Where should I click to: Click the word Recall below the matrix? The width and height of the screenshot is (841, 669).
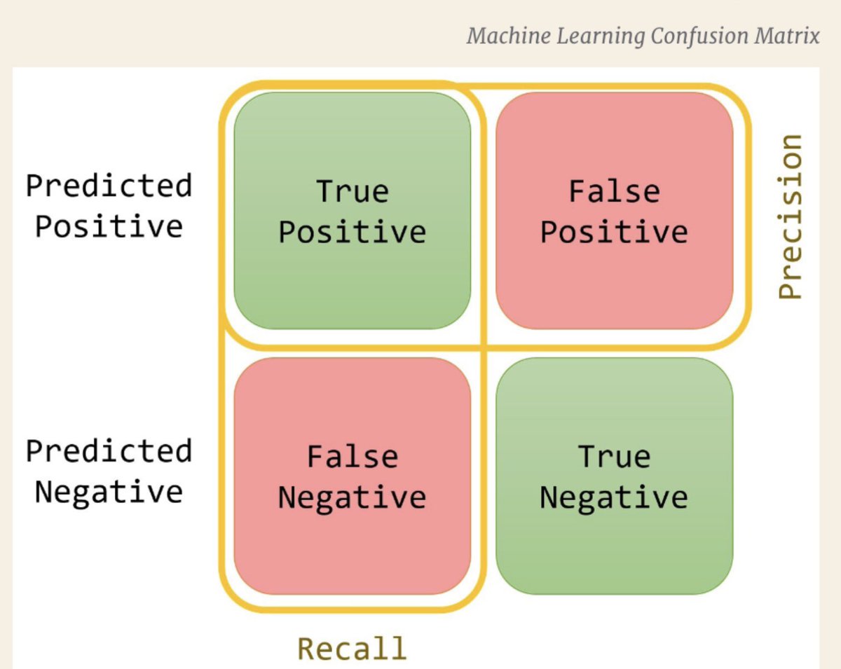point(352,648)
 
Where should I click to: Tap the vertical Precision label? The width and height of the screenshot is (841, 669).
point(790,217)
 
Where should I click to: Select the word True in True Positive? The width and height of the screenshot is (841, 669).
point(352,191)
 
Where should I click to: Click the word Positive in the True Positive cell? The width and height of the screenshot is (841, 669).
point(352,232)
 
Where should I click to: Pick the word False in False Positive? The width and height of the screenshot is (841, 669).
point(614,191)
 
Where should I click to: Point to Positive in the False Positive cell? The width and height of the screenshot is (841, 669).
point(614,232)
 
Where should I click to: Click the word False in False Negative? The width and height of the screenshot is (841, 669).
point(352,457)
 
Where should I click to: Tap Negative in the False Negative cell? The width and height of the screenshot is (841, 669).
point(352,497)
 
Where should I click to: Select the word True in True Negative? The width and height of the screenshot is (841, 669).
point(614,457)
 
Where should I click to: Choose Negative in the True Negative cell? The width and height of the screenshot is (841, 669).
point(614,497)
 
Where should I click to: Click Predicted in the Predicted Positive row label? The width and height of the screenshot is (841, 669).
point(109,186)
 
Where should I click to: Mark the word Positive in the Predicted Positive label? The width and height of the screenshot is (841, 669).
point(109,226)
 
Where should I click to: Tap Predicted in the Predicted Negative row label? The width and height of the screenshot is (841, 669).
point(109,451)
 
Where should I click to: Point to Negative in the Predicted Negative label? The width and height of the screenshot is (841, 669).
point(109,491)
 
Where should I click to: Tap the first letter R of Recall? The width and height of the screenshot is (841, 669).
point(306,648)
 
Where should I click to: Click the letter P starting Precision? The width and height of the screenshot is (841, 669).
point(790,288)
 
